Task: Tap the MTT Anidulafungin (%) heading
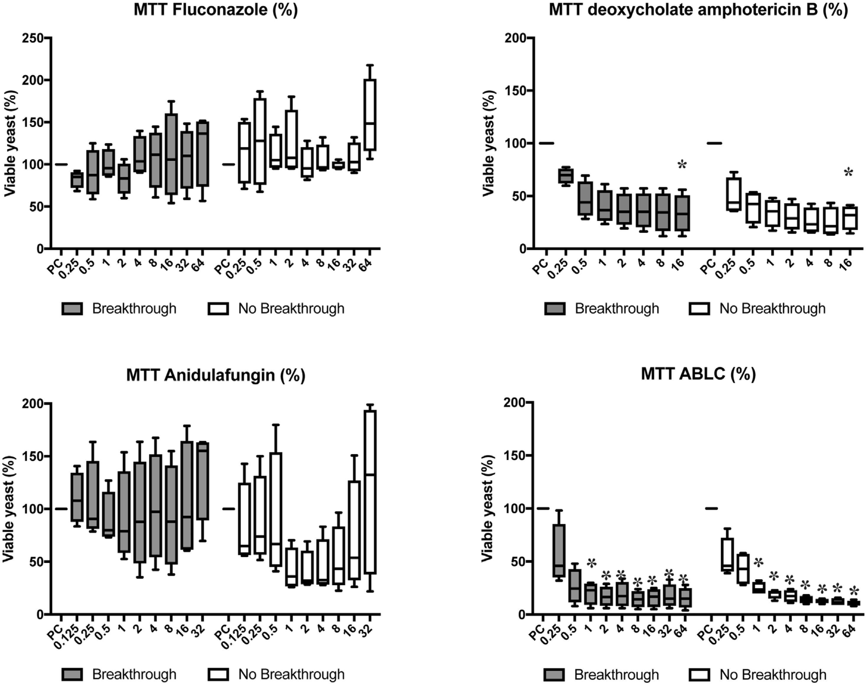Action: (216, 375)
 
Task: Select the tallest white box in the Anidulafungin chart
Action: (370, 492)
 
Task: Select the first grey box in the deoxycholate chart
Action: (565, 176)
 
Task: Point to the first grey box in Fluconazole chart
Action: (76, 180)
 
